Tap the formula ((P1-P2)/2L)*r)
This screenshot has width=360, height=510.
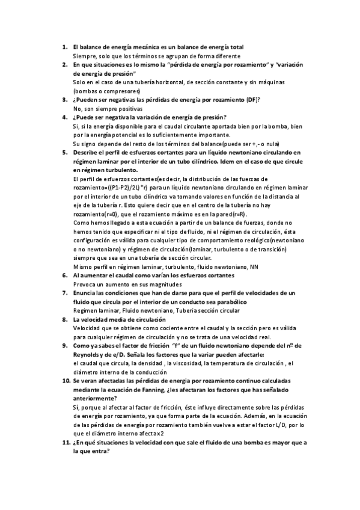tap(130, 188)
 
